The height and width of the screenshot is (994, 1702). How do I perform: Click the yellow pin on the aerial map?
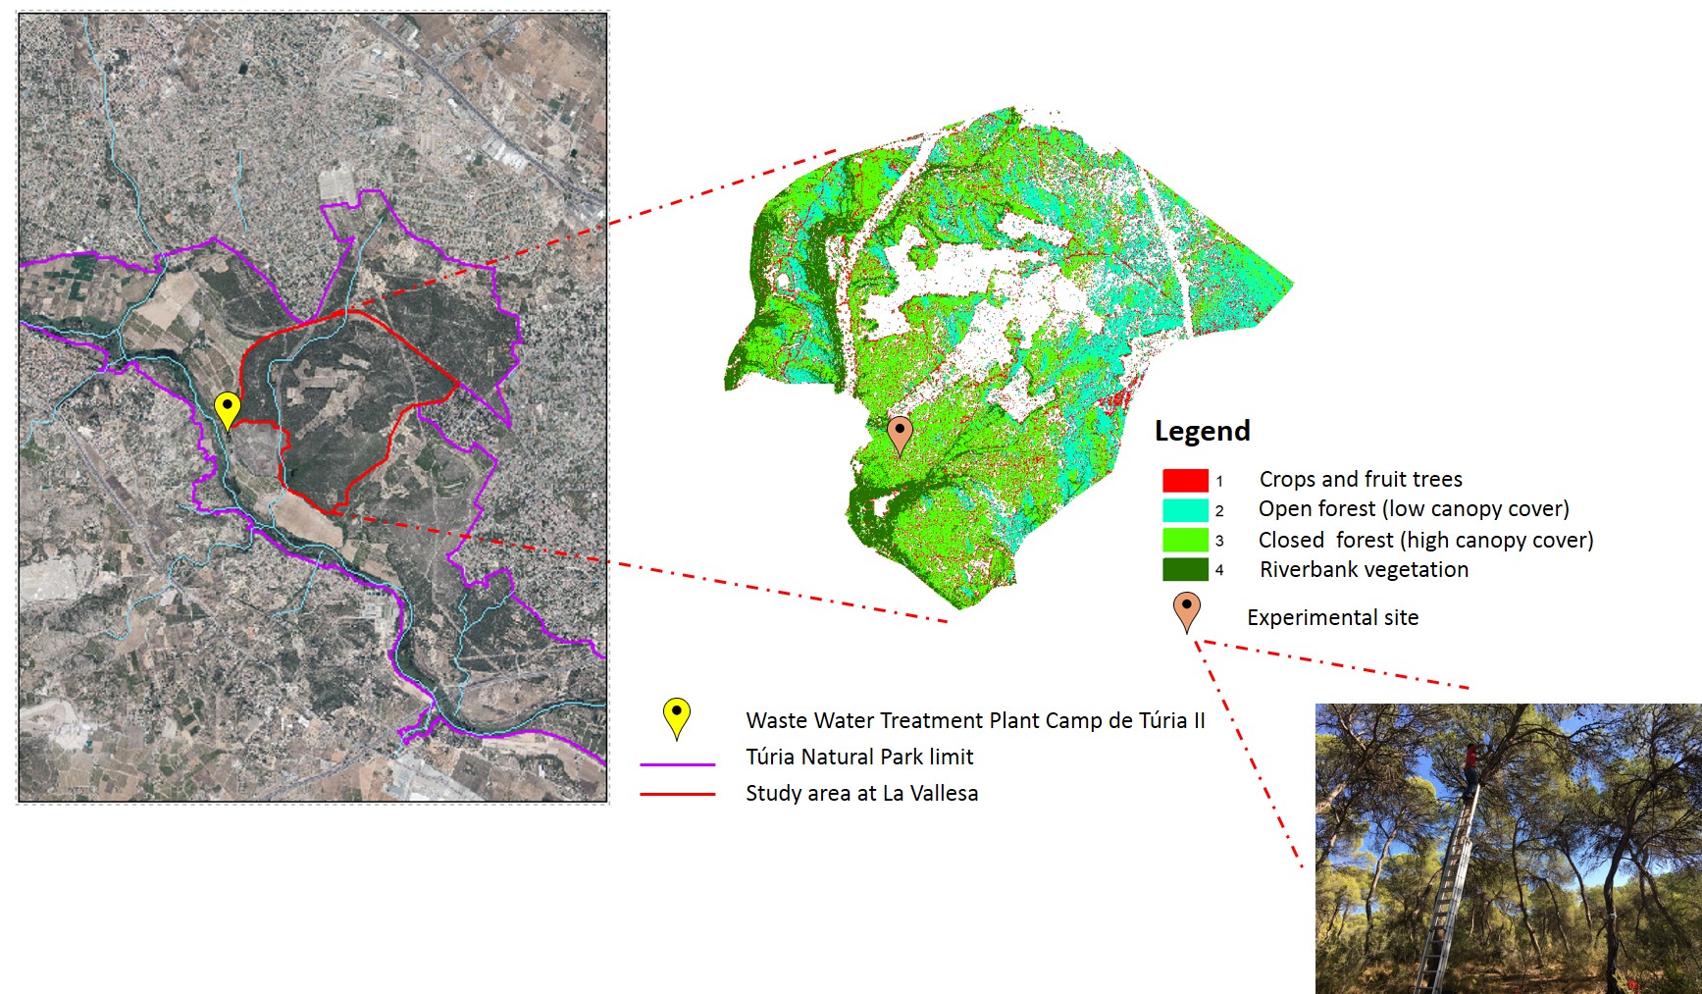[227, 407]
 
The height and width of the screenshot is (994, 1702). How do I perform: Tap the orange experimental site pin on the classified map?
[900, 433]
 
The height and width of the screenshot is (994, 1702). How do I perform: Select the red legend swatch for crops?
[1184, 480]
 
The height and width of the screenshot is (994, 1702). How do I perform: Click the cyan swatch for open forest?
[1184, 510]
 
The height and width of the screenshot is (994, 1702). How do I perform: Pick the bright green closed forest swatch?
[1184, 540]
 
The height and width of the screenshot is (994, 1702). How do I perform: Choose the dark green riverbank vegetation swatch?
[1184, 569]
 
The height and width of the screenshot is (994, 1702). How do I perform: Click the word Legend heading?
[1202, 431]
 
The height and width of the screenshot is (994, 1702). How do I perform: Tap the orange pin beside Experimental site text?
[1187, 610]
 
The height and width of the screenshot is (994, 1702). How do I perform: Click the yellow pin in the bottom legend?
[676, 715]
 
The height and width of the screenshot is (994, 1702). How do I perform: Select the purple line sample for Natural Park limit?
[677, 763]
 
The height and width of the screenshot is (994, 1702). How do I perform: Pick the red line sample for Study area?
[677, 794]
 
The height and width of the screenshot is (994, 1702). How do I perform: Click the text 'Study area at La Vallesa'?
[861, 793]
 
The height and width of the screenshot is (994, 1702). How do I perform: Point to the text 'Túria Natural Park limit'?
[859, 757]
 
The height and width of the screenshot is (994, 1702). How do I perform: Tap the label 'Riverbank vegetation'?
[1364, 569]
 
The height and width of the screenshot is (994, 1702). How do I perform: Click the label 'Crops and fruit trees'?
[1361, 479]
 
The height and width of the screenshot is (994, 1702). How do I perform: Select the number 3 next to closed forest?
[1219, 541]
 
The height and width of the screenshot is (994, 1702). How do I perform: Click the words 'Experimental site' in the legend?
[1332, 617]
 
